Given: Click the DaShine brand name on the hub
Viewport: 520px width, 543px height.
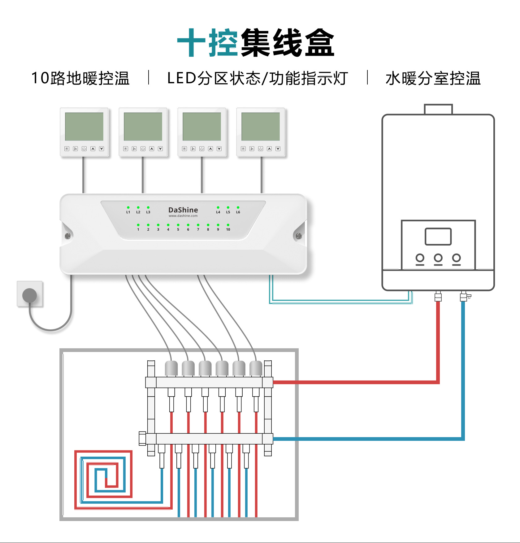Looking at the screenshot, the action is pyautogui.click(x=183, y=210).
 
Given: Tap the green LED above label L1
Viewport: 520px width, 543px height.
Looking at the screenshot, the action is pyautogui.click(x=128, y=207).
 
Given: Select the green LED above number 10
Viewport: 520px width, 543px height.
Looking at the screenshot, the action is pyautogui.click(x=228, y=225).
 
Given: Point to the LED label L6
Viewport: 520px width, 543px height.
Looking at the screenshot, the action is pyautogui.click(x=238, y=212).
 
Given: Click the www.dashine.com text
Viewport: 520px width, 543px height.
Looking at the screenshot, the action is pyautogui.click(x=183, y=216).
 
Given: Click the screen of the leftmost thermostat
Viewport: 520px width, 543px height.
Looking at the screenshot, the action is pyautogui.click(x=84, y=126).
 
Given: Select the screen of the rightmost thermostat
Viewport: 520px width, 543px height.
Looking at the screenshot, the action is pyautogui.click(x=261, y=126).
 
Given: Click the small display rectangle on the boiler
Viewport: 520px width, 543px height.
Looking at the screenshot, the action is pyautogui.click(x=438, y=237).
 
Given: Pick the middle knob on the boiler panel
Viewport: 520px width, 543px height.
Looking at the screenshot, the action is pyautogui.click(x=438, y=258).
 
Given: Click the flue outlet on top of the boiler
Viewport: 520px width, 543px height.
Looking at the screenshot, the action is pyautogui.click(x=438, y=109).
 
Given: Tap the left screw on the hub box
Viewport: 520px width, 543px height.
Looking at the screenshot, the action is pyautogui.click(x=67, y=236).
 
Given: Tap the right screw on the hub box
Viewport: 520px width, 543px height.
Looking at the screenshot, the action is pyautogui.click(x=299, y=236).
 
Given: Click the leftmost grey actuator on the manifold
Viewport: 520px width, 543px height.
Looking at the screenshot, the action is pyautogui.click(x=171, y=368).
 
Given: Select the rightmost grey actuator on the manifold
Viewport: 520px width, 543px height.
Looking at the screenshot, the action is pyautogui.click(x=256, y=368).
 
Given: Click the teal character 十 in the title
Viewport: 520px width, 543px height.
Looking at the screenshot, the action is pyautogui.click(x=191, y=42).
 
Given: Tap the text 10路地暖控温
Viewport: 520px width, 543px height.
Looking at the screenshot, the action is pyautogui.click(x=80, y=78).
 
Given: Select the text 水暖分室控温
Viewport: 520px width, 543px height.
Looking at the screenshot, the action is pyautogui.click(x=433, y=78).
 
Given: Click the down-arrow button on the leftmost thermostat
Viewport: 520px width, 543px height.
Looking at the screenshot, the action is pyautogui.click(x=102, y=149).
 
